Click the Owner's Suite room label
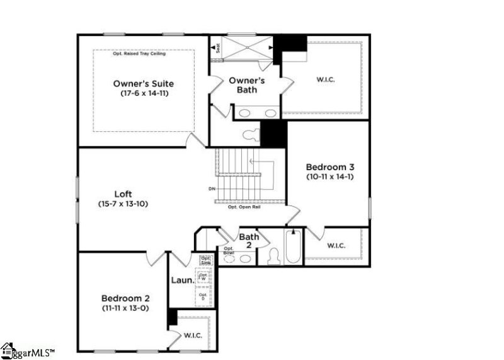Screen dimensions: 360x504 [x=144, y=83]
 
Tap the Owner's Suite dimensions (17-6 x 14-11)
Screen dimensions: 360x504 [x=144, y=93]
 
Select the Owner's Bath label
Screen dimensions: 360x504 [x=246, y=85]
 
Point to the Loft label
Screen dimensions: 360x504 [x=123, y=194]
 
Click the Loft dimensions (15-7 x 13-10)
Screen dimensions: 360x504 [x=123, y=204]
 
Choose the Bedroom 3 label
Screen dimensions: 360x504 [x=330, y=167]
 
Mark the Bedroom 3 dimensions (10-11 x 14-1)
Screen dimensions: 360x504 [x=330, y=177]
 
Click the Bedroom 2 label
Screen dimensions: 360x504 [x=125, y=298]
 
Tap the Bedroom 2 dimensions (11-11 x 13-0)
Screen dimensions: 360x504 [x=125, y=308]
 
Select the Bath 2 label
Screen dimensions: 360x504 [x=248, y=240]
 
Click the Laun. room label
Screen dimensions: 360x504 [x=183, y=282]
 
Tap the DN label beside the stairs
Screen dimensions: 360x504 [x=211, y=189]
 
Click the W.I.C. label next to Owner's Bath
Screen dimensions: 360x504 [x=326, y=80]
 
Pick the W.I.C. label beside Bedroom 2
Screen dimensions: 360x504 [x=193, y=335]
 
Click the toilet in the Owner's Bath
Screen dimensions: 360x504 [x=251, y=134]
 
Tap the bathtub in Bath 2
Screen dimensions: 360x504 [x=293, y=248]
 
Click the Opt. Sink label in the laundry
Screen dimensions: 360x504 [x=205, y=260]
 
